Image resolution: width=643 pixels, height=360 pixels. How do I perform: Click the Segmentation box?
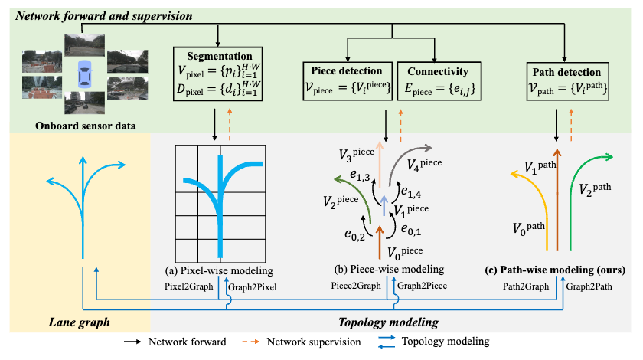tap(217, 74)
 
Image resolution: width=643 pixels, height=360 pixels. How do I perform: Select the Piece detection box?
tap(348, 81)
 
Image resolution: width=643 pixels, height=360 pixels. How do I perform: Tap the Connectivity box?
tap(439, 81)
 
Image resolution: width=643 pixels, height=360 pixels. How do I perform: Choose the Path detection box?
tap(567, 81)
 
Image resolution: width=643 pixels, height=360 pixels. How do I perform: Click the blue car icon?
tap(85, 74)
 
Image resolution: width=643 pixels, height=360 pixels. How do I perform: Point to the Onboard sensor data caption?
tap(85, 126)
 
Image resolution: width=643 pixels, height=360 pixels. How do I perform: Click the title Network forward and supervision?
tap(104, 16)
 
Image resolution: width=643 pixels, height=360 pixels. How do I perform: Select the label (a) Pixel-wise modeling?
tap(219, 271)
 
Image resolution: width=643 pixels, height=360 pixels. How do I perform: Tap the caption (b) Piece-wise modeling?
tap(389, 270)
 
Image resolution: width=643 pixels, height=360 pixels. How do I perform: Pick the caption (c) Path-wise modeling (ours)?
tap(555, 270)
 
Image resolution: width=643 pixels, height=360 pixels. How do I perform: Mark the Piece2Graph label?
tap(356, 286)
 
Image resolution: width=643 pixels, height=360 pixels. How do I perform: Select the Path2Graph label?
tap(526, 286)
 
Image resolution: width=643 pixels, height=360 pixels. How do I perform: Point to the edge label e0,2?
tap(354, 235)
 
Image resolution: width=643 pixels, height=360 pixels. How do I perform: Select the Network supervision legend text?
tap(314, 342)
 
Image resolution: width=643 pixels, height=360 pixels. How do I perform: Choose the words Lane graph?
tap(79, 322)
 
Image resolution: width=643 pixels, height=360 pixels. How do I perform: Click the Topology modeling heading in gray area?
tap(388, 322)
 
